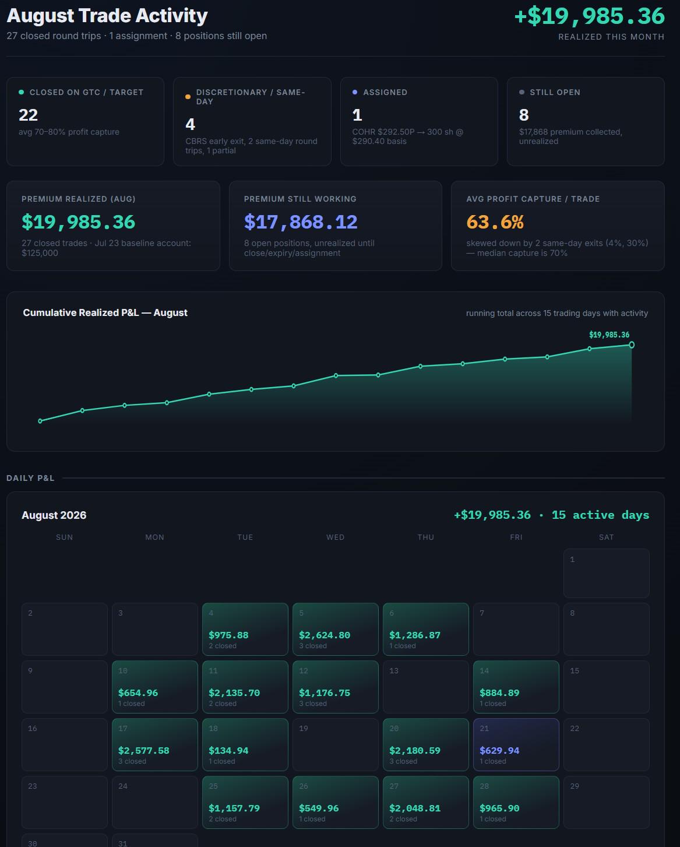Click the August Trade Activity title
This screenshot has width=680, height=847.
coord(107,16)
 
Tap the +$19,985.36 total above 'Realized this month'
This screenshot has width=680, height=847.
coord(590,16)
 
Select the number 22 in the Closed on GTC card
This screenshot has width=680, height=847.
coord(29,115)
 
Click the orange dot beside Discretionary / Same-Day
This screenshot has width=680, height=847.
coord(188,97)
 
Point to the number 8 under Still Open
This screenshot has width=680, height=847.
coord(524,115)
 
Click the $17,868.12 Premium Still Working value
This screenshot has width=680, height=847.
coord(301,222)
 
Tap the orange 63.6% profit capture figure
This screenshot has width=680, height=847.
coord(495,222)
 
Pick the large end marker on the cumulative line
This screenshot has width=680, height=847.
coord(632,345)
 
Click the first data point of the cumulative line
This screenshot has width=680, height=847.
coord(40,421)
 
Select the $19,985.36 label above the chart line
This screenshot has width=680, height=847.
coord(609,335)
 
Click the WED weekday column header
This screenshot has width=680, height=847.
coord(335,537)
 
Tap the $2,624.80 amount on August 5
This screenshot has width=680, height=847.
coord(325,635)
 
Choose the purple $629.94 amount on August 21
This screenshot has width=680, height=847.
coord(499,751)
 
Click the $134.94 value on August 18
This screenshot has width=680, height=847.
coord(228,751)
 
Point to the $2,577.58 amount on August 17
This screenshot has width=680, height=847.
coord(144,751)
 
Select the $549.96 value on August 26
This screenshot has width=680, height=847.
coord(319,809)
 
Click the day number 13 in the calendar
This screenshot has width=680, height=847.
coord(394,671)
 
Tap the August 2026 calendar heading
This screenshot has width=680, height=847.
coord(54,515)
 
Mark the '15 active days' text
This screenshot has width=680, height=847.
coord(601,515)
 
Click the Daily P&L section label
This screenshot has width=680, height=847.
coord(30,478)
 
